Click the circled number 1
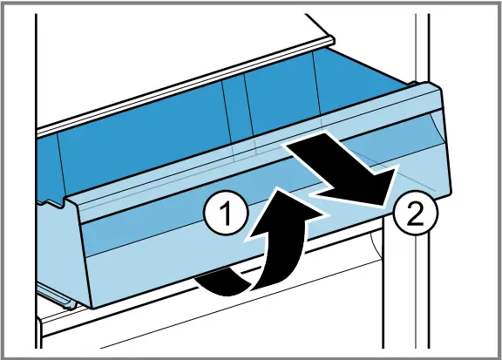tap(226, 213)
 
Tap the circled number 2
tap(415, 213)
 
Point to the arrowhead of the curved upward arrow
tap(285, 212)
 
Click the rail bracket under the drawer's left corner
tap(58, 296)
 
